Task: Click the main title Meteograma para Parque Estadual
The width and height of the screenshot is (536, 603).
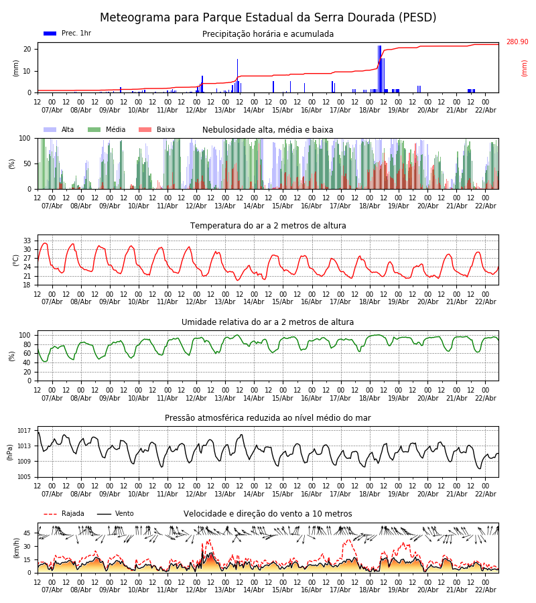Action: click(268, 18)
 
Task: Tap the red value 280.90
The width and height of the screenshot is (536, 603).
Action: click(517, 42)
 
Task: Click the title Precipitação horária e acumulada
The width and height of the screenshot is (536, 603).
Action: click(268, 34)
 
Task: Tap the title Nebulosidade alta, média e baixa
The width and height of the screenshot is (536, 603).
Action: click(268, 130)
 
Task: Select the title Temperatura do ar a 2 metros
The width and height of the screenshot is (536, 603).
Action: click(268, 226)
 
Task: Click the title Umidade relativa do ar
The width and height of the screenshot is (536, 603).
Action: click(268, 322)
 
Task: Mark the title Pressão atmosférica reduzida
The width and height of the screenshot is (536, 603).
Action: click(268, 418)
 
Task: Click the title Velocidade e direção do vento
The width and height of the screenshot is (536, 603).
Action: click(268, 514)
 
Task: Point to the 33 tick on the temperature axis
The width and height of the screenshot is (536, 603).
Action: click(27, 241)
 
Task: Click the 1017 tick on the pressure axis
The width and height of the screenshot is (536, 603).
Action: click(24, 431)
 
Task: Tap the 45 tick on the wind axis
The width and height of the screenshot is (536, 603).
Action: click(27, 533)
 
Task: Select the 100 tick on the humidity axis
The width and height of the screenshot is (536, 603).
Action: click(25, 335)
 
